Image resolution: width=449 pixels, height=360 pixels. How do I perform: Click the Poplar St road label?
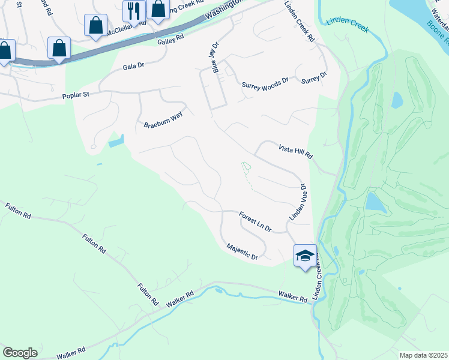80,96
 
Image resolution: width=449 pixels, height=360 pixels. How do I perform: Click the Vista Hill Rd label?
296,151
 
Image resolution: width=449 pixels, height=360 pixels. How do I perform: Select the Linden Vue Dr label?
298,202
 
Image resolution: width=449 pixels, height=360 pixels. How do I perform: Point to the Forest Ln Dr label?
255,221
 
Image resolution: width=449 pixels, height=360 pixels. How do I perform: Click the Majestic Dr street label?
242,251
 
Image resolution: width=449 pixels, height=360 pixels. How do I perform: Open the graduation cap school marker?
305,256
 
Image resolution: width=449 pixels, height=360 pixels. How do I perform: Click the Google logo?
20,352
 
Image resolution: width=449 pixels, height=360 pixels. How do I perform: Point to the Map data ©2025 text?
423,355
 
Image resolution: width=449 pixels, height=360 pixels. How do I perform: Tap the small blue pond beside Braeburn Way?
116,141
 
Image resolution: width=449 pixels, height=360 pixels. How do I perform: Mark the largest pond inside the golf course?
376,202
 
